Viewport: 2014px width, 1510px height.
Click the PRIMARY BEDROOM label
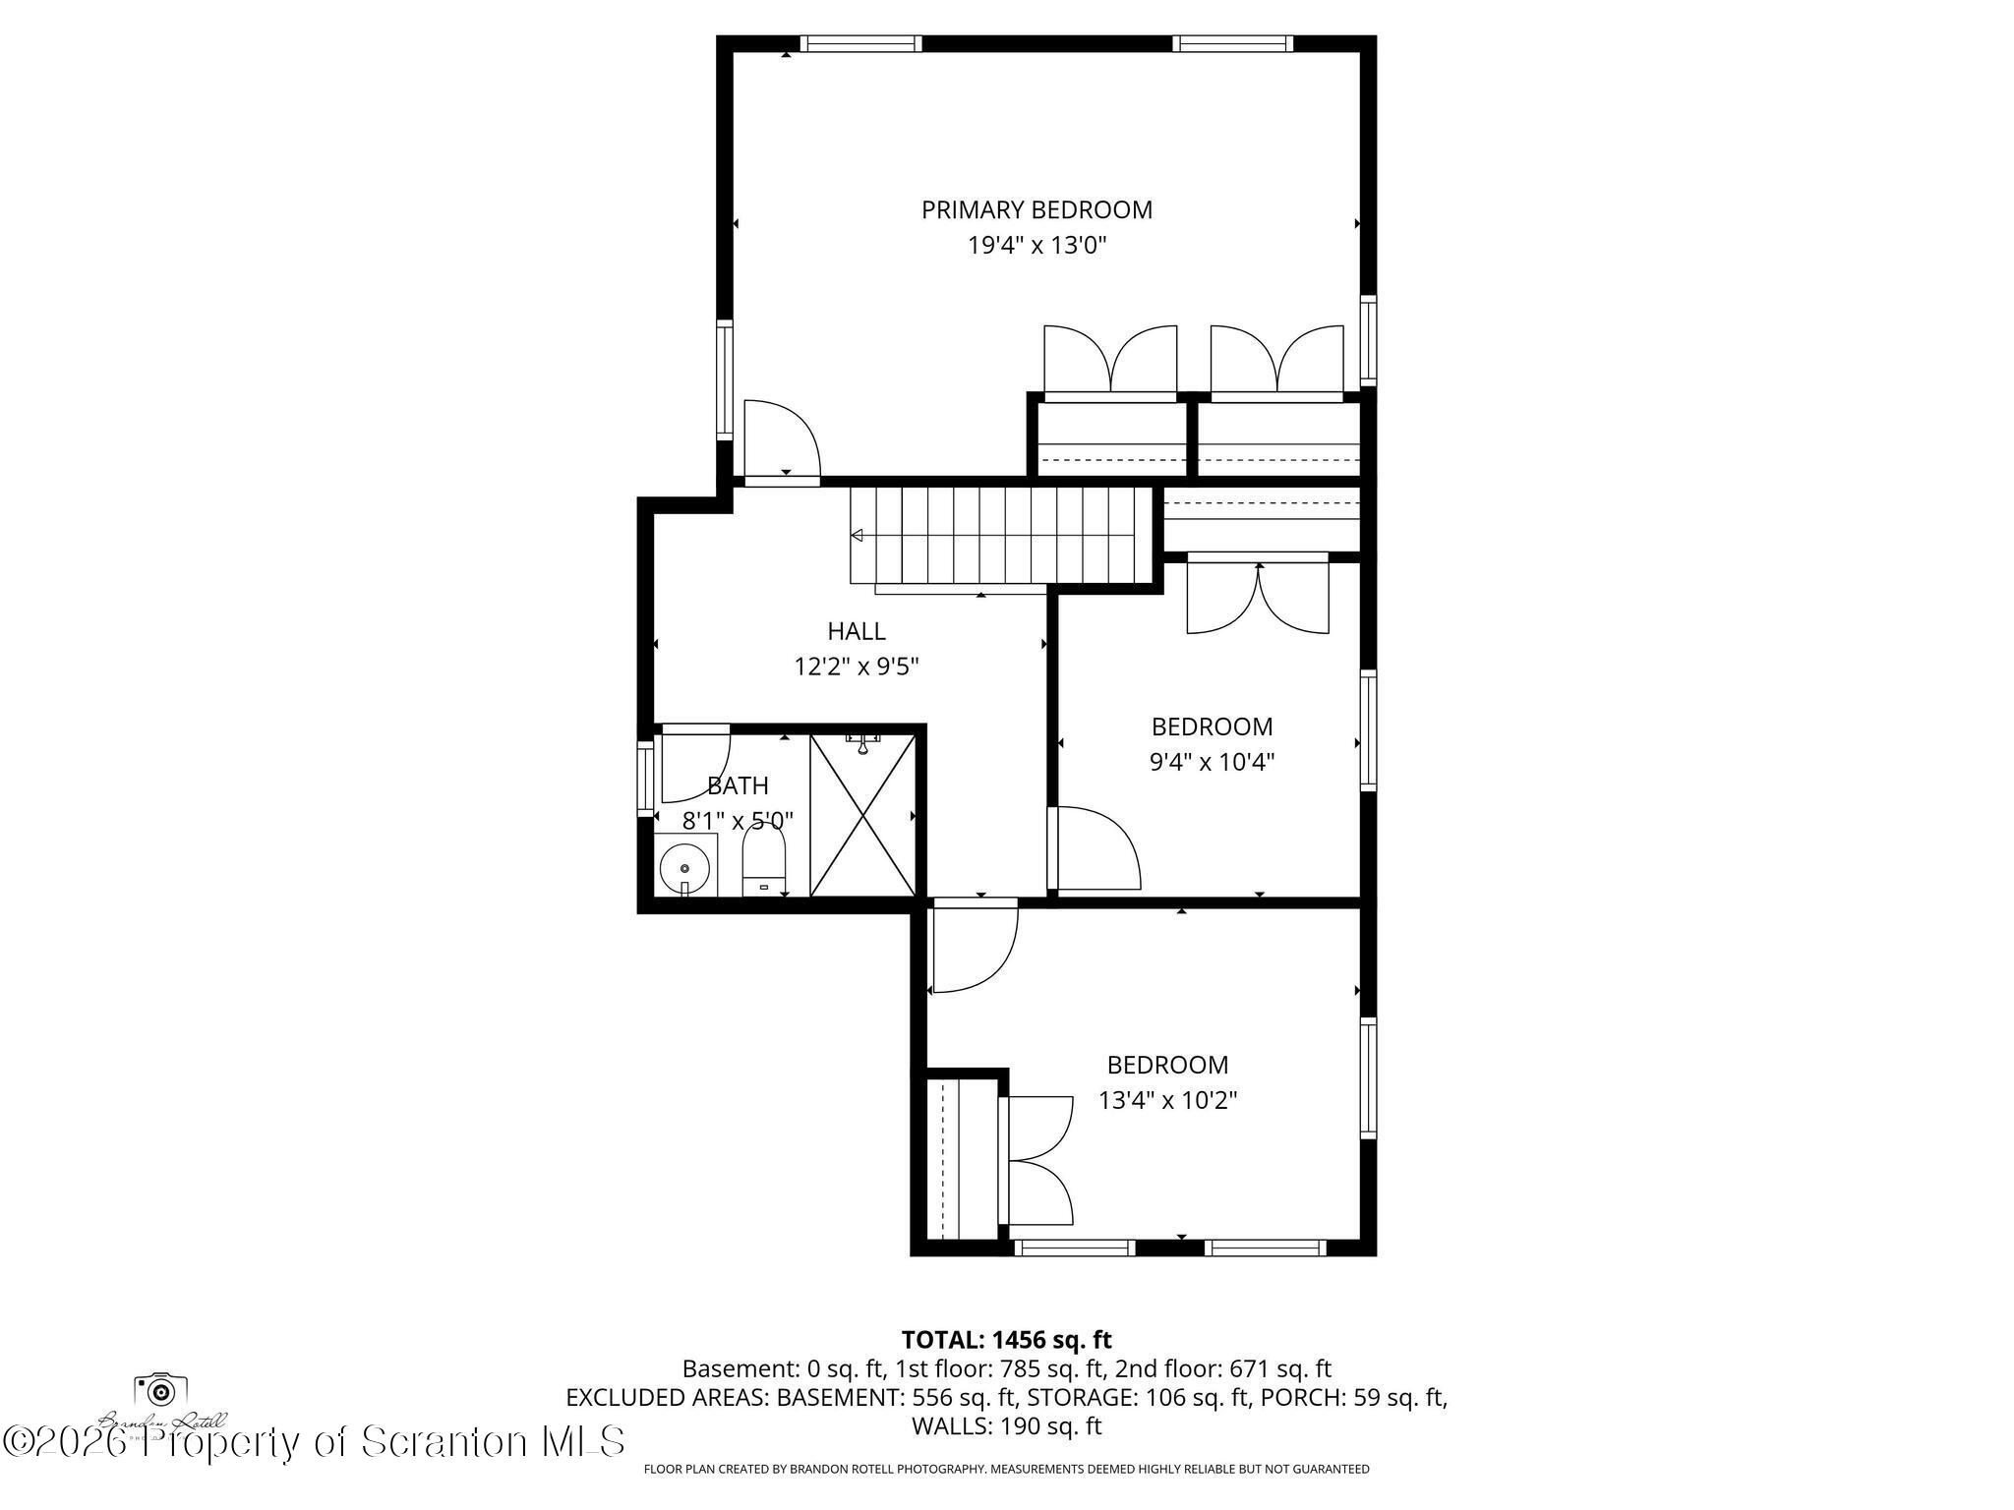tap(1037, 209)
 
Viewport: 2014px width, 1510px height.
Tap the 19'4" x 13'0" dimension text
tap(1037, 246)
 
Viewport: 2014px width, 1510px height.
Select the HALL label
tap(856, 631)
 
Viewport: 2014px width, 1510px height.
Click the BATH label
tap(738, 785)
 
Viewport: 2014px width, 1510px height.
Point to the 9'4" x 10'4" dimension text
tap(1212, 762)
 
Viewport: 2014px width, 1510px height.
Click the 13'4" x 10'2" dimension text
tap(1167, 1100)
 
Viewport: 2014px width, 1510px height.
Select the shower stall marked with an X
tap(862, 815)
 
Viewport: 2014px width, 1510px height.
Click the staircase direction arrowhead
tap(857, 536)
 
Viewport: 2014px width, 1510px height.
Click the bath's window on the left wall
tap(645, 778)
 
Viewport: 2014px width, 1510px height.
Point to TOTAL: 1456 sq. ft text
tap(1006, 1339)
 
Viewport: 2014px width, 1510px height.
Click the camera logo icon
tap(161, 1390)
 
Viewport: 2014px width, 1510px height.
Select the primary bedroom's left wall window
tap(725, 378)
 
